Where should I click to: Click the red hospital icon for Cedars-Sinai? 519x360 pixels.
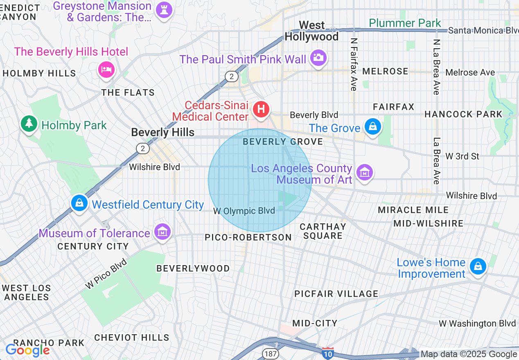click(261, 109)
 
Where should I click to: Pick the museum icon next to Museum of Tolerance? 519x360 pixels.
click(162, 232)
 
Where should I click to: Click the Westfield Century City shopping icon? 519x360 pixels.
click(79, 202)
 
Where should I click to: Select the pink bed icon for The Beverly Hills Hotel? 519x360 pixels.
click(106, 69)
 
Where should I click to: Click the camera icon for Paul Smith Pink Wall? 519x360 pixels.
click(318, 58)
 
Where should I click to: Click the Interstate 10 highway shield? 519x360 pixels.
click(327, 353)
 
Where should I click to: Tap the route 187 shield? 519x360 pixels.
click(271, 353)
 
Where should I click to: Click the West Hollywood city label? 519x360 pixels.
click(311, 31)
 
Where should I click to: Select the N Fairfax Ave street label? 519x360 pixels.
click(354, 64)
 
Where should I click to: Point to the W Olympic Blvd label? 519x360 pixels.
click(244, 211)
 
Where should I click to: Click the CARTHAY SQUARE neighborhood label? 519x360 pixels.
click(323, 231)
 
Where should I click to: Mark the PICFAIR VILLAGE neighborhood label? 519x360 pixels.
click(336, 294)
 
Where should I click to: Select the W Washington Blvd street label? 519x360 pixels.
click(477, 323)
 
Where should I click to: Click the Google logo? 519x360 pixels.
click(27, 350)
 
